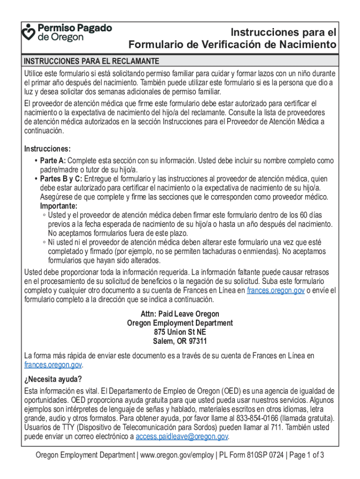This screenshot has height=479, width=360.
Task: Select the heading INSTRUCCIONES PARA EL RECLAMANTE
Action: [92, 62]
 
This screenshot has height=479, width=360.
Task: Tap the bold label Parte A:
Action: [53, 161]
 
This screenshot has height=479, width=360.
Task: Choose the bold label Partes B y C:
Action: [61, 179]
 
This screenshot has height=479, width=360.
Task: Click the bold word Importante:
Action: [59, 206]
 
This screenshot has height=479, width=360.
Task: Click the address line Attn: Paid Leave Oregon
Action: [180, 314]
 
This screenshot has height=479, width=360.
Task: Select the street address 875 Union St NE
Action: [180, 332]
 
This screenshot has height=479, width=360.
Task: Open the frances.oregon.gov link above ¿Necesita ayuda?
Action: [53, 365]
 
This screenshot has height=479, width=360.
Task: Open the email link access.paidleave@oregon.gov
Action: [181, 437]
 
